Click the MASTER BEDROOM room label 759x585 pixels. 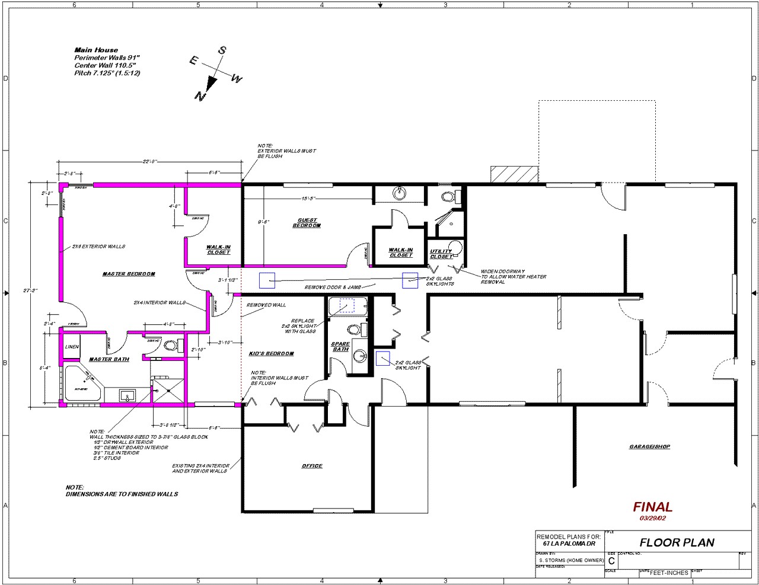click(129, 274)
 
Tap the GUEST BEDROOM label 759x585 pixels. click(307, 223)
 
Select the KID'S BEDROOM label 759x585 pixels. click(272, 354)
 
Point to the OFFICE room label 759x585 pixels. click(312, 466)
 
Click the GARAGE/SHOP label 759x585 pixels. click(649, 446)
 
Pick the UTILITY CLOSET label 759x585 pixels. click(441, 254)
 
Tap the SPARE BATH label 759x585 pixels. click(340, 347)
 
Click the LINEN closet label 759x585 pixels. click(72, 347)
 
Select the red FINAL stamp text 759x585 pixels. click(652, 507)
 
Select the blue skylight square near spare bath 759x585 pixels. click(382, 358)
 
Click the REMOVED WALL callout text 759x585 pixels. click(266, 305)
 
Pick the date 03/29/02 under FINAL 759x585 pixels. click(652, 519)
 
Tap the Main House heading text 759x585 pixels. click(96, 50)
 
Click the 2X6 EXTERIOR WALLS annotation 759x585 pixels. click(98, 247)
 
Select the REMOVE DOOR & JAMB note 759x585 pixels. click(333, 287)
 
